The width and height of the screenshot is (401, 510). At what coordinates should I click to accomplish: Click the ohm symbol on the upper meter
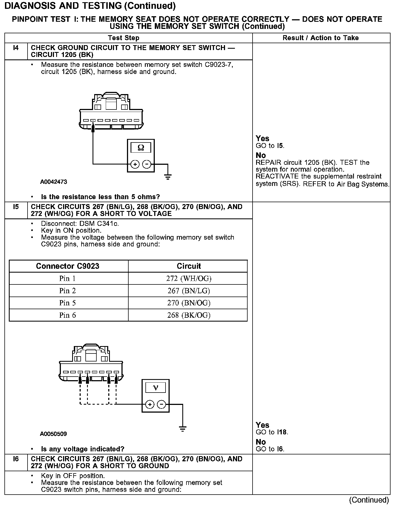click(x=141, y=148)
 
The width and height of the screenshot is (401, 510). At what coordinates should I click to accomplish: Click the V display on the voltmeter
click(x=155, y=388)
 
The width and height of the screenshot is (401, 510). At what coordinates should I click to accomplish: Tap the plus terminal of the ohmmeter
click(x=135, y=164)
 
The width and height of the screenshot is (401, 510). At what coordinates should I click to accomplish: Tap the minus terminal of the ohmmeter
click(x=147, y=164)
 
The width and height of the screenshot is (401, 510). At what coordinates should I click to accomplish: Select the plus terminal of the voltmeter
click(x=150, y=404)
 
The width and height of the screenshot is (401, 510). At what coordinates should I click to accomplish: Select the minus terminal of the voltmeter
click(x=161, y=404)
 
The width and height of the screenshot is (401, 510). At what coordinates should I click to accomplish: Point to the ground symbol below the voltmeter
click(x=182, y=429)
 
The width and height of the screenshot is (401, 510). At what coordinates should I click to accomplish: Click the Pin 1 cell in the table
click(x=67, y=279)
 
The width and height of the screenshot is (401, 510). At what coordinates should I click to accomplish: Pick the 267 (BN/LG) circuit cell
click(x=189, y=291)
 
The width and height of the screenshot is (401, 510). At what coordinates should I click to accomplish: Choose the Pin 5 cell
click(x=67, y=303)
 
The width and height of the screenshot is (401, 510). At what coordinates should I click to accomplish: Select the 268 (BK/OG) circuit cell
click(x=189, y=315)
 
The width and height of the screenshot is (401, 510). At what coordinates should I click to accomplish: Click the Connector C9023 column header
click(x=67, y=266)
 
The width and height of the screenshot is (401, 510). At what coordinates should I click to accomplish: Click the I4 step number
click(x=16, y=48)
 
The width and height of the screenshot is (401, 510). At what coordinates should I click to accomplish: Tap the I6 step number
click(x=16, y=459)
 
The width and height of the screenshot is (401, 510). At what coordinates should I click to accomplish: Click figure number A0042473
click(x=53, y=182)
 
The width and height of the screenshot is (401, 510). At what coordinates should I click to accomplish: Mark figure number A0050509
click(x=53, y=434)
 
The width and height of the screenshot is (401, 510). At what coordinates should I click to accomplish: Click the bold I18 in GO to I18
click(x=282, y=432)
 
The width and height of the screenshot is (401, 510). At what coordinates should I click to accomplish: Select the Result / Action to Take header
click(x=321, y=38)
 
